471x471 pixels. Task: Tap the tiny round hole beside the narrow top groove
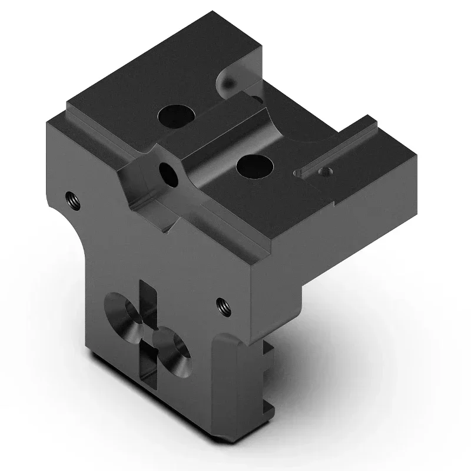click(323, 172)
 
